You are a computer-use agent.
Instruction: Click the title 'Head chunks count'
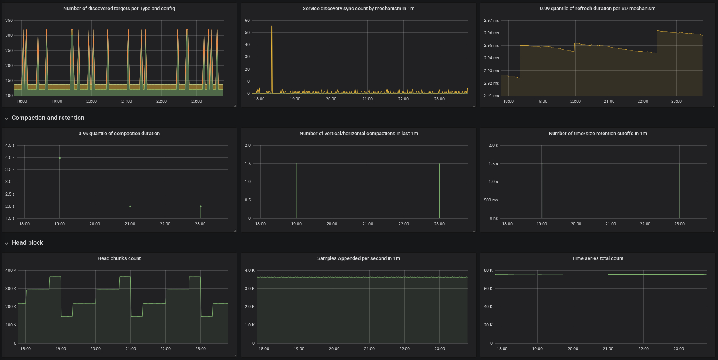click(x=119, y=258)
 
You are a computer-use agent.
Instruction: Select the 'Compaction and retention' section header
click(x=48, y=118)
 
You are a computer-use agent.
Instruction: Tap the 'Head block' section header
click(x=27, y=243)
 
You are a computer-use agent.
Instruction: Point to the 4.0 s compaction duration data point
click(x=60, y=158)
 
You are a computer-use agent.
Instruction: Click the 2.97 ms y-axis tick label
click(x=491, y=20)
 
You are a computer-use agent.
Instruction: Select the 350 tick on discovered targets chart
click(x=9, y=20)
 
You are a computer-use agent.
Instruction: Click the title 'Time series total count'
click(x=598, y=258)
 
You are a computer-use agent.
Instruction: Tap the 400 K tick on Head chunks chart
click(x=11, y=270)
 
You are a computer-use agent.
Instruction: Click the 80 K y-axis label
click(x=488, y=270)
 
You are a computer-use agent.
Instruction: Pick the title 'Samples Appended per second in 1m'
click(x=358, y=258)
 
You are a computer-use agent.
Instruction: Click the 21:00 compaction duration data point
click(x=130, y=206)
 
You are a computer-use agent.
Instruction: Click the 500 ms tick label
click(x=491, y=200)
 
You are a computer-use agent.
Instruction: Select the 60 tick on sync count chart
click(x=247, y=20)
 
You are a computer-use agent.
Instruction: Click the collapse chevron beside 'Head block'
click(x=7, y=243)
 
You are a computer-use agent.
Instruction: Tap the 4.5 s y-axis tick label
click(x=10, y=145)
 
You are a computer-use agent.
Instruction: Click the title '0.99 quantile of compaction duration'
click(x=119, y=134)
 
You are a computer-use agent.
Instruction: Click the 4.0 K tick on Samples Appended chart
click(x=250, y=270)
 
